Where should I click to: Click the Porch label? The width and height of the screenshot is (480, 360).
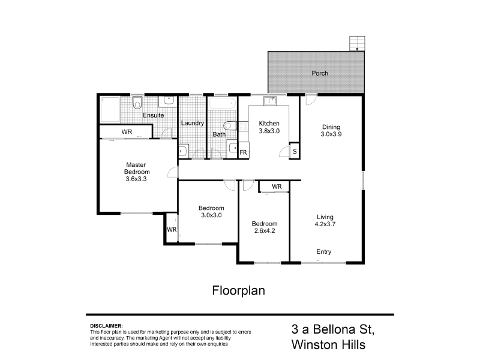point(320,73)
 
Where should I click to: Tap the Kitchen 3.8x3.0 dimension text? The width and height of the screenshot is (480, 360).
point(269,131)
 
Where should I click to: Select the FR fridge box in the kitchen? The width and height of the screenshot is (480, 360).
point(244,151)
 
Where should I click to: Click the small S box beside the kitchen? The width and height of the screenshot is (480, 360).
point(295,151)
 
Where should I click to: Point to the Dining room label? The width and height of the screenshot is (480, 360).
point(331,127)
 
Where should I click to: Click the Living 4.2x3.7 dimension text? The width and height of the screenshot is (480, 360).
point(325,224)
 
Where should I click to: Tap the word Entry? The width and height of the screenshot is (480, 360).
point(323,251)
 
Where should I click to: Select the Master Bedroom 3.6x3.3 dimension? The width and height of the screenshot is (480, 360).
point(136,179)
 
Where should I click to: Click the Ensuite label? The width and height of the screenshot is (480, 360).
point(154,115)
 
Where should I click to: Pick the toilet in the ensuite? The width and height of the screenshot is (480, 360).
point(137,102)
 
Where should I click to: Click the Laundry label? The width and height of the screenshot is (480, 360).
point(192,123)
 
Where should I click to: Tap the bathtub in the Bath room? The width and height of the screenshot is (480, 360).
point(223,103)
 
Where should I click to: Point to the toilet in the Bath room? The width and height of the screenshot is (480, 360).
point(230,126)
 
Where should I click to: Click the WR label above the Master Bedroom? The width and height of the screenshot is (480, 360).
point(127,131)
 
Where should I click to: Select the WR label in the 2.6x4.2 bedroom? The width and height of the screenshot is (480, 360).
point(277,187)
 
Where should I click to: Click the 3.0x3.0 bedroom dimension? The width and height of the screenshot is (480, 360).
point(211,215)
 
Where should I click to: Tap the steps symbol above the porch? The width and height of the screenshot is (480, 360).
point(357,43)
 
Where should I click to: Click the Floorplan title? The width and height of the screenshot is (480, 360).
point(238,290)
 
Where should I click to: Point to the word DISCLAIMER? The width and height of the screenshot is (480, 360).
point(106,326)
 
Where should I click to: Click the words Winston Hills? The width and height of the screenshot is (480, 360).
point(328,344)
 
